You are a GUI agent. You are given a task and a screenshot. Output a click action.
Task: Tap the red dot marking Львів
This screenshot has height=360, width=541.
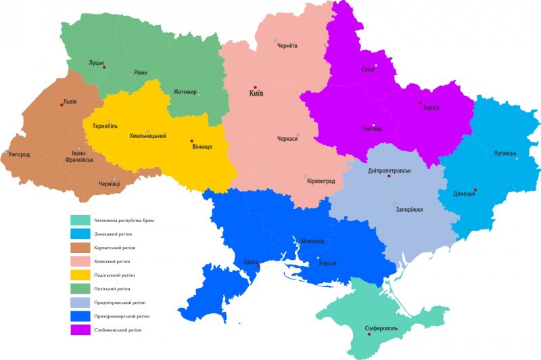pos(62,106)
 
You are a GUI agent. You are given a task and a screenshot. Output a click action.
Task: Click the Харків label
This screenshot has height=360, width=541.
pos(431,108)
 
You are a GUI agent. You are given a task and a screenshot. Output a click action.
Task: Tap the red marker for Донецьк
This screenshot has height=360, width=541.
pos(475,190)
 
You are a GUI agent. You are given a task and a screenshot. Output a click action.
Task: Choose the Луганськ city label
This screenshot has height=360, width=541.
pos(505,153)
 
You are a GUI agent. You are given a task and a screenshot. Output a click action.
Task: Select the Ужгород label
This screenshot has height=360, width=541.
pos(19,155)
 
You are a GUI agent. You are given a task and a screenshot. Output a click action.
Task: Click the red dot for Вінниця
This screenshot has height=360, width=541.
pos(191,141)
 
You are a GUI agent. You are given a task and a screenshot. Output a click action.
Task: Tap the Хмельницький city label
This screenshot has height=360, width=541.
pos(148,137)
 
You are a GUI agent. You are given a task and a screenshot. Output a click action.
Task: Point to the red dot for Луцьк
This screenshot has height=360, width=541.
pos(104,68)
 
